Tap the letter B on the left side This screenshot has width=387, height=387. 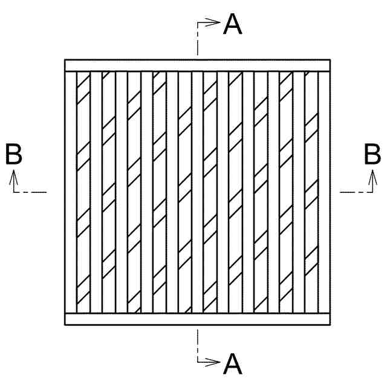pyautogui.click(x=13, y=154)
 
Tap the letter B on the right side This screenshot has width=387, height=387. pyautogui.click(x=372, y=154)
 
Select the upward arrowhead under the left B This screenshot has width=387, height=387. pyautogui.click(x=14, y=175)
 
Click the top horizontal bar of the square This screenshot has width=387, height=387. pyautogui.click(x=197, y=66)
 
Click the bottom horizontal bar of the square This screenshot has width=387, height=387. pyautogui.click(x=197, y=319)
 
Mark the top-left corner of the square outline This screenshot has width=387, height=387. pyautogui.click(x=65, y=60)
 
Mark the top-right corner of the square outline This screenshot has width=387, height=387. pyautogui.click(x=330, y=60)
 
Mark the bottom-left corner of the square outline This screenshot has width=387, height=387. pyautogui.click(x=65, y=325)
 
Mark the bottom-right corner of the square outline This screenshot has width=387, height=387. pyautogui.click(x=330, y=325)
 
